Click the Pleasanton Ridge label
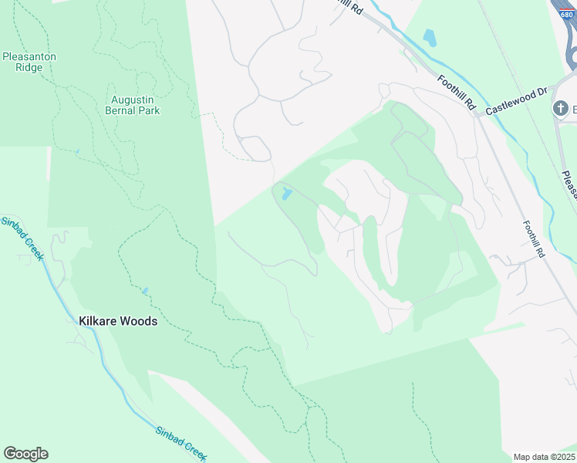pos(29,62)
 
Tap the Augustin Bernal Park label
pos(133,105)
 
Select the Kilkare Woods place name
pos(118,321)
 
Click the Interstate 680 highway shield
pos(566,6)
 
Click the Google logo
pos(25,454)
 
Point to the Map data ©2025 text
pos(544,457)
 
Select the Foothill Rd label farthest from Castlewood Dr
pos(533,239)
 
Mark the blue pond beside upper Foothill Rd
pos(430,36)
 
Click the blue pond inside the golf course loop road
pos(286,194)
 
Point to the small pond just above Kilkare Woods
pos(144,292)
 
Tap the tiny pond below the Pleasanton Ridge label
pos(76,151)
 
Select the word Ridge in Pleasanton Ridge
pos(29,68)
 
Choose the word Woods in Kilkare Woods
pos(138,321)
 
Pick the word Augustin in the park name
pos(133,100)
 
